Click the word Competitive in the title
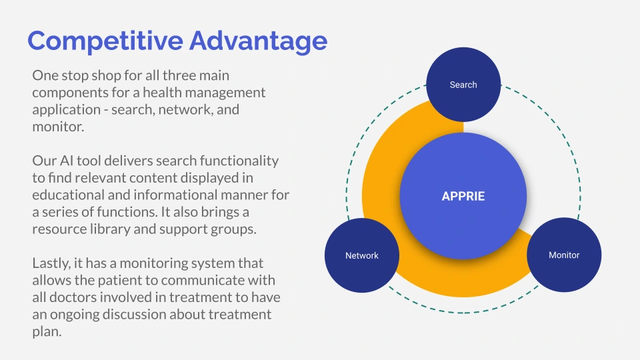[105, 41]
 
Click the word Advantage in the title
[259, 41]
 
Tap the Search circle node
[463, 85]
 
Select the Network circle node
[362, 255]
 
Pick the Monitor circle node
[564, 255]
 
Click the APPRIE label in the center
[463, 196]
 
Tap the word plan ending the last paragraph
[47, 332]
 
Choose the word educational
[68, 195]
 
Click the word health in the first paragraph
[162, 92]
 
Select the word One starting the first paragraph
[44, 75]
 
